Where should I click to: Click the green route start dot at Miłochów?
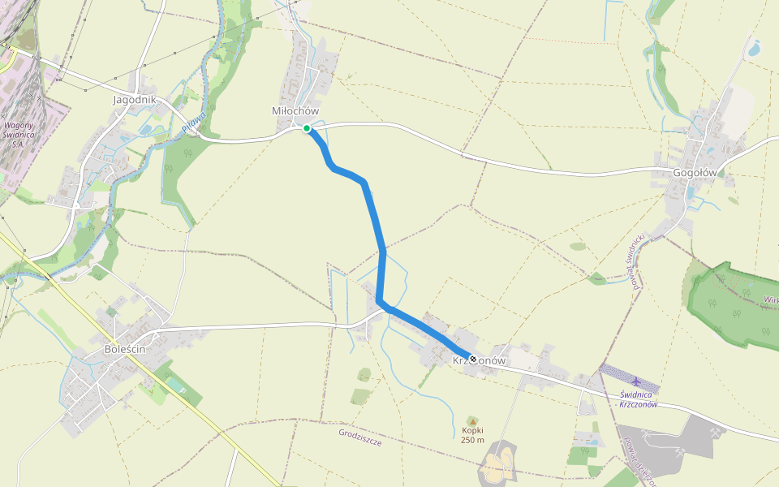[307, 128]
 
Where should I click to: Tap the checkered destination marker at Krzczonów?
[473, 358]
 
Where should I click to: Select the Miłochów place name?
[295, 110]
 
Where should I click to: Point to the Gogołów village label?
[695, 172]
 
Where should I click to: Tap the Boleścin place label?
[125, 349]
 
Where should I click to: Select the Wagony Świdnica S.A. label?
[24, 134]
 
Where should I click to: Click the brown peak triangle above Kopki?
[472, 420]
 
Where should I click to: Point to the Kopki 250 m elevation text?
[472, 435]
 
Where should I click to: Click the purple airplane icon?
[635, 381]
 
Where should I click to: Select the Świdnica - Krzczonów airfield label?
[638, 399]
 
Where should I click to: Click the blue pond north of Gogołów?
[754, 49]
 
